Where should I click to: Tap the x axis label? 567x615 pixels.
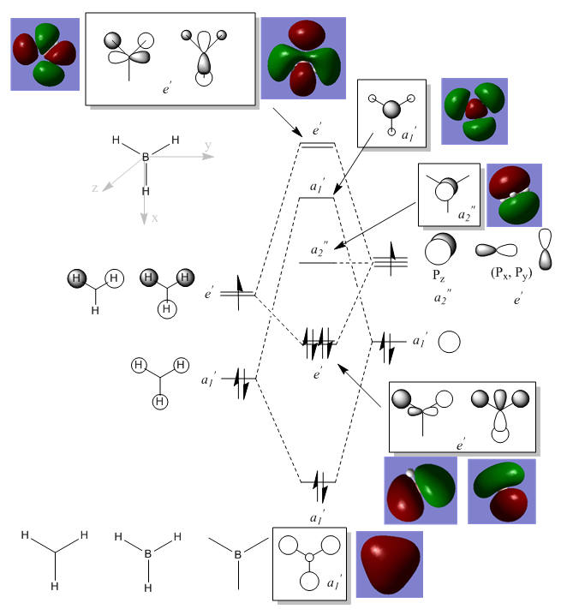[155, 218]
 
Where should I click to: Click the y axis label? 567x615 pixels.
[208, 146]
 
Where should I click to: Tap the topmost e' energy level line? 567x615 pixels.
[317, 145]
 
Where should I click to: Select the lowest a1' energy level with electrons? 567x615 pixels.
[318, 482]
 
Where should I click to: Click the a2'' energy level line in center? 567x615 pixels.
[317, 261]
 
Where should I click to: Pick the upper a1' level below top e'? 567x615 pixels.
[317, 198]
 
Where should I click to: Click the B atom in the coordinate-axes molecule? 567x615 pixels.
[146, 158]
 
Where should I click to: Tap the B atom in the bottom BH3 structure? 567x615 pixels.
[148, 555]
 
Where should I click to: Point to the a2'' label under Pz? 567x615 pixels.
[441, 297]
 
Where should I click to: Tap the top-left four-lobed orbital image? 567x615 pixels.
[45, 54]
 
